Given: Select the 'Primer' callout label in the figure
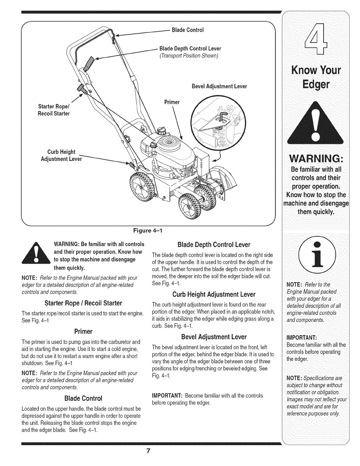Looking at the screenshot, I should click(x=172, y=102).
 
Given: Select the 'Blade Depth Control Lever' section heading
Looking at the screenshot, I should click(x=214, y=245).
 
